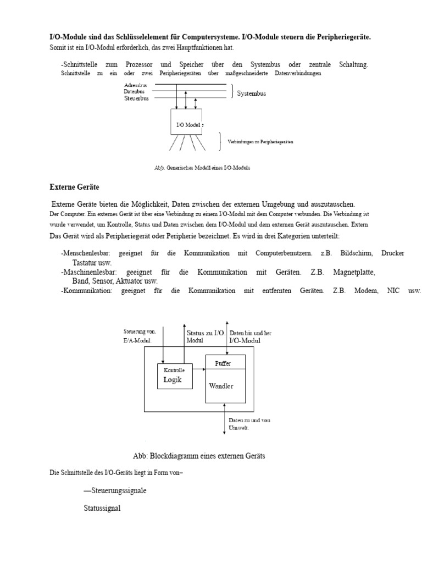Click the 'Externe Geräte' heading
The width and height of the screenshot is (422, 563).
click(x=71, y=187)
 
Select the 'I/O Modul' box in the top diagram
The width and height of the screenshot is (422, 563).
click(x=186, y=122)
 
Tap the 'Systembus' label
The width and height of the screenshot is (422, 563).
click(x=251, y=93)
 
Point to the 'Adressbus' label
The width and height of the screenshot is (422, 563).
click(x=135, y=86)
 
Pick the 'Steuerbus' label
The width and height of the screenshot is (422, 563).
click(x=136, y=98)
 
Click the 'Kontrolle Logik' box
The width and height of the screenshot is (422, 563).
click(x=175, y=376)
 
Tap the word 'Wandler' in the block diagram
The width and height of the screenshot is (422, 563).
click(x=221, y=386)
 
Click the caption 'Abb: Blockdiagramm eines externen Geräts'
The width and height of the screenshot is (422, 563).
click(x=199, y=456)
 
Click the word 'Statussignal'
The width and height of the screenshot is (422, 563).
click(x=102, y=509)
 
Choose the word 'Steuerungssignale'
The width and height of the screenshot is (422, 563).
click(x=115, y=490)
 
